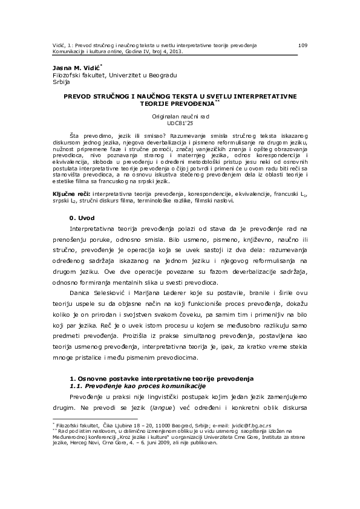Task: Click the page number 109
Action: [304, 45]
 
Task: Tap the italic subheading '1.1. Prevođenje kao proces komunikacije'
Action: [139, 385]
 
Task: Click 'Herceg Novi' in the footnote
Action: [97, 443]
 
